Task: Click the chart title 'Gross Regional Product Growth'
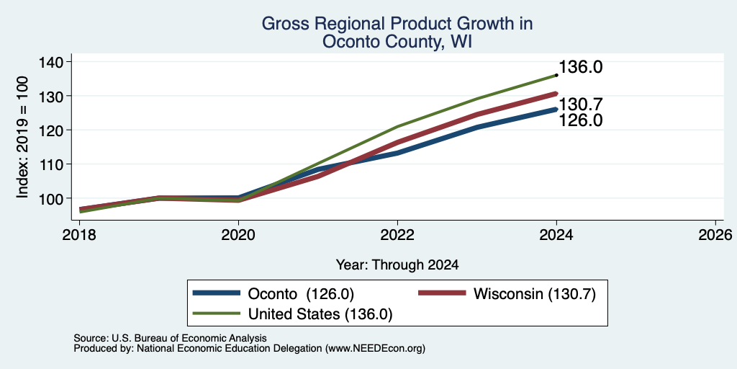pyautogui.click(x=397, y=24)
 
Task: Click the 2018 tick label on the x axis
pyautogui.click(x=79, y=234)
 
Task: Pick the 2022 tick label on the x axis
pyautogui.click(x=397, y=234)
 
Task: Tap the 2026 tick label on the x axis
pyautogui.click(x=715, y=234)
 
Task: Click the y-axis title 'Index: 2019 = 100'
pyautogui.click(x=22, y=137)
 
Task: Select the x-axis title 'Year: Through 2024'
pyautogui.click(x=397, y=265)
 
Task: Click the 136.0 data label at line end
pyautogui.click(x=581, y=67)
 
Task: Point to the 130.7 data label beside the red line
pyautogui.click(x=581, y=105)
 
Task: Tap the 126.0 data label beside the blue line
pyautogui.click(x=581, y=120)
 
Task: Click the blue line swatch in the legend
pyautogui.click(x=216, y=293)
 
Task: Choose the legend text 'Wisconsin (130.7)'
pyautogui.click(x=535, y=294)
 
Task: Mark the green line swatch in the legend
pyautogui.click(x=216, y=314)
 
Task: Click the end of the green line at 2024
pyautogui.click(x=556, y=75)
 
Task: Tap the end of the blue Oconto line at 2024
pyautogui.click(x=556, y=110)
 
